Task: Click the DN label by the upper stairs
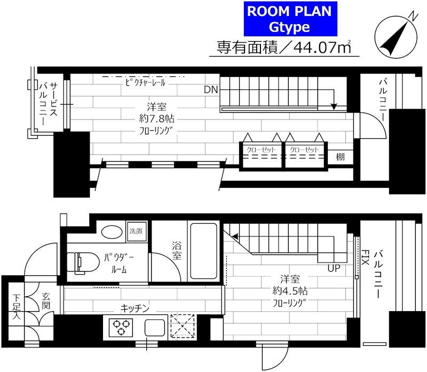[x=210, y=90]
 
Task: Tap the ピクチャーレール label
[x=145, y=83]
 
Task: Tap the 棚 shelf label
[x=340, y=157]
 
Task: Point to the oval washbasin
[x=112, y=232]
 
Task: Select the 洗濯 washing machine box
[x=136, y=232]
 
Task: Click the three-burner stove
[x=121, y=326]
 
